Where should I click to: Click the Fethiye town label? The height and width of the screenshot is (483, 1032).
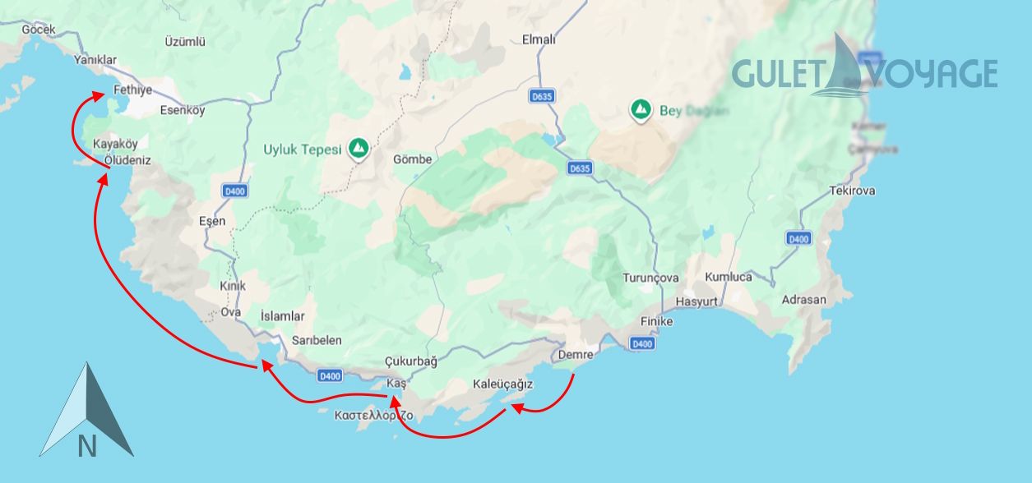tap(133, 90)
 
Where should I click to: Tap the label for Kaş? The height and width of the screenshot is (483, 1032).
tap(396, 384)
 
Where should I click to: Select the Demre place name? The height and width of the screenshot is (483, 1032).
tap(576, 356)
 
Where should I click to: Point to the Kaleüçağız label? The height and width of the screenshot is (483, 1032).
tap(503, 384)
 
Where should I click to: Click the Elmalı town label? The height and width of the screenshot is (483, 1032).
tap(539, 39)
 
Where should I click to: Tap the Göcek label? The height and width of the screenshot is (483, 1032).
tap(39, 30)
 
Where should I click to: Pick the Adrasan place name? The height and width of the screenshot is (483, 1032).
tap(804, 300)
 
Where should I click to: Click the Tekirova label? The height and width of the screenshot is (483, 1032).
tap(853, 191)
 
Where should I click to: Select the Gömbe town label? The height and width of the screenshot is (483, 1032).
tap(413, 159)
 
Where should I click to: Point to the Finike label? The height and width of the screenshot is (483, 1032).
tap(657, 321)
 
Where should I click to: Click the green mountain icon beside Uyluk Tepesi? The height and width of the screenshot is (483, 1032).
tap(358, 149)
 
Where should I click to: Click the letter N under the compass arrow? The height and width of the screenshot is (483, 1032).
tap(87, 446)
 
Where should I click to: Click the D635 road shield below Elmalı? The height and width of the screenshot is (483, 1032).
tap(542, 96)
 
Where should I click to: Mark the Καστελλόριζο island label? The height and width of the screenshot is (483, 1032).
tap(374, 416)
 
